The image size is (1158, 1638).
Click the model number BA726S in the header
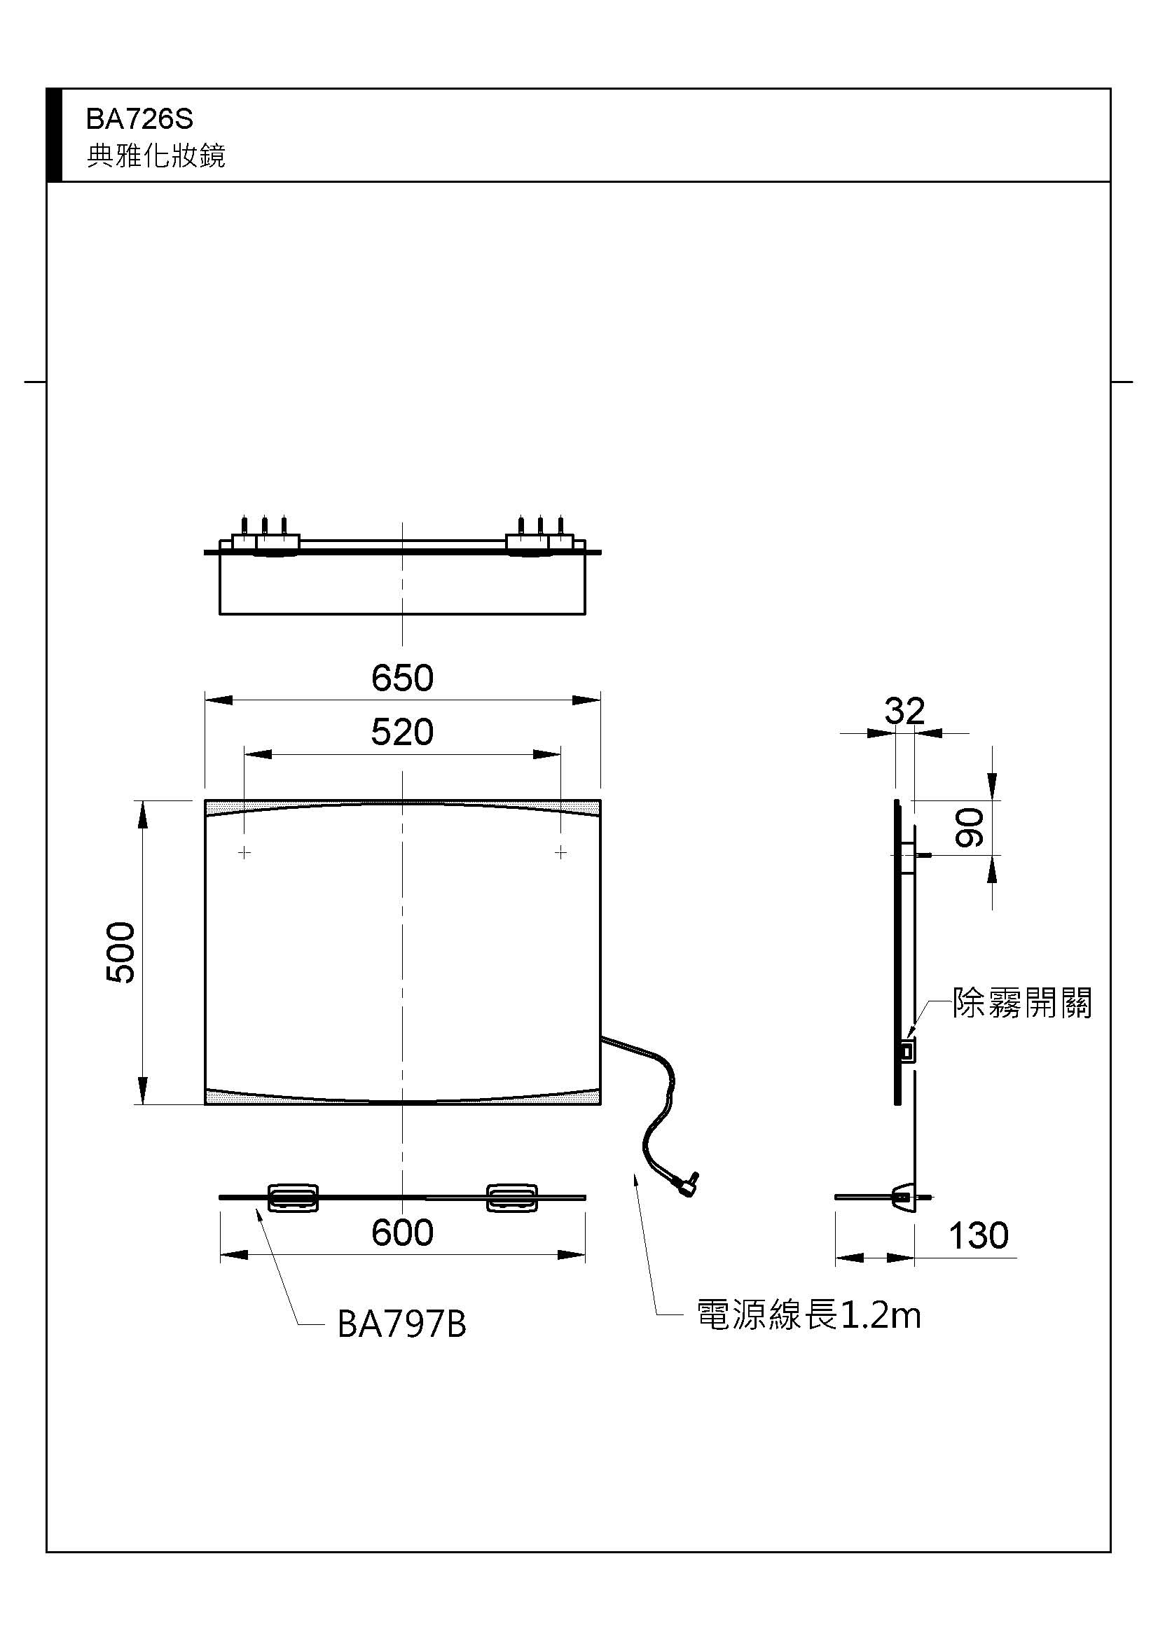pos(139,119)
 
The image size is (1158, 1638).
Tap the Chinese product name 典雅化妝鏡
pos(156,155)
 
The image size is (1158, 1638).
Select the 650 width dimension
pos(402,678)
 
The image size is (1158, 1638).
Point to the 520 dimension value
pos(402,732)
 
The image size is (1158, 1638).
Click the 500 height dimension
pos(120,952)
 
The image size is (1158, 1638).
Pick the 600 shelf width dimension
pos(402,1232)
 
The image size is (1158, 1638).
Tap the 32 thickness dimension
pos(904,711)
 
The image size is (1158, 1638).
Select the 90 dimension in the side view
pos(970,828)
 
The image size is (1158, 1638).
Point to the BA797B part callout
pos(401,1324)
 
